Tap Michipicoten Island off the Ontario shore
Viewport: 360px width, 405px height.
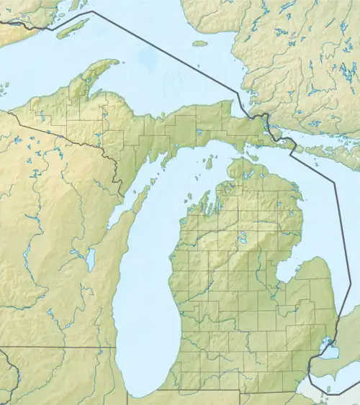(x=200, y=43)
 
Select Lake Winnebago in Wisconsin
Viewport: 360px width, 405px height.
(x=91, y=260)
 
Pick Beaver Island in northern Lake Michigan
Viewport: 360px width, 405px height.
(x=208, y=155)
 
